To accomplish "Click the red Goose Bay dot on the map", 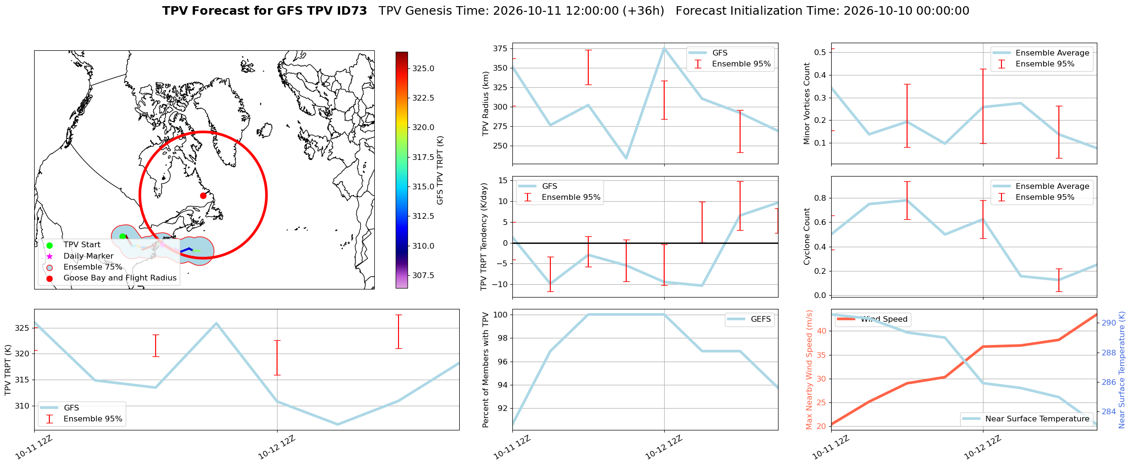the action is coord(203,196).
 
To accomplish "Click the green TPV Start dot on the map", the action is coord(122,236).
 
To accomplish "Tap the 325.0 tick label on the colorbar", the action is coord(423,68).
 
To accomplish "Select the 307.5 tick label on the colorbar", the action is coord(423,275).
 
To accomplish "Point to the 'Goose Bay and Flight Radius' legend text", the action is coord(120,278).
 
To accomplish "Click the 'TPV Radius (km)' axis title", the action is coord(485,103).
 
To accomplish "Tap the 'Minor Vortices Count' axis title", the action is coord(807,103).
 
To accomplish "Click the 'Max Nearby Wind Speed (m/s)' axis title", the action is coord(809,370).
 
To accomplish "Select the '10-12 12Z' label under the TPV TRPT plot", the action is coord(277,447).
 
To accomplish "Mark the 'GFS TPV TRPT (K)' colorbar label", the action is coord(440,170).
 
